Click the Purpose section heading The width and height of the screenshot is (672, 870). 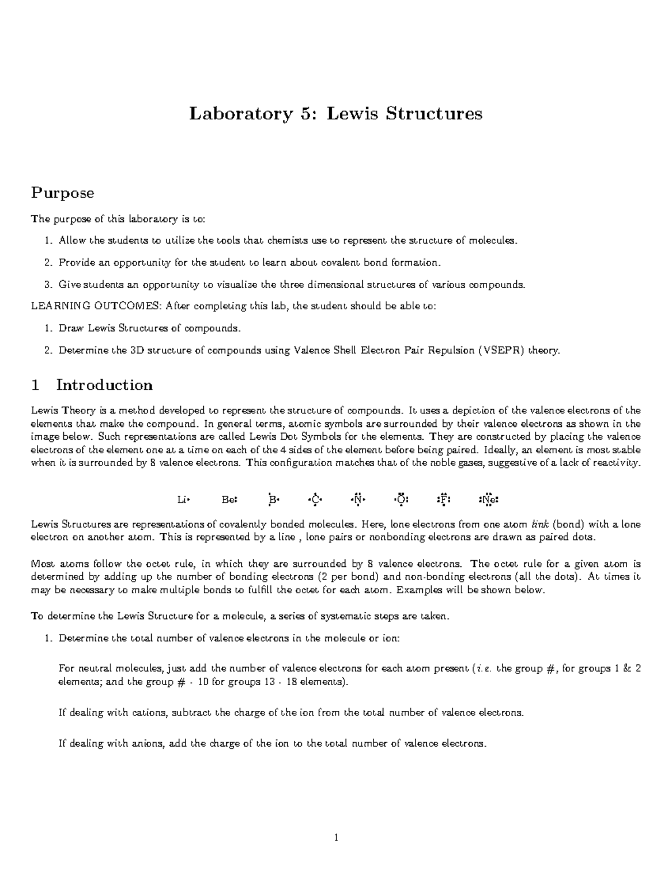(x=62, y=193)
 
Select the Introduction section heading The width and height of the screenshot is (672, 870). (x=104, y=385)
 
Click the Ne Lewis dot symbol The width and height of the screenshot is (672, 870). (x=488, y=499)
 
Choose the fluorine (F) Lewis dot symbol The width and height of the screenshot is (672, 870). (x=443, y=499)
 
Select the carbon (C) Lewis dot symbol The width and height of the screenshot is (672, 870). (x=315, y=499)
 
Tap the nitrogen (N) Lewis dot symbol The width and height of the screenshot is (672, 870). (x=358, y=499)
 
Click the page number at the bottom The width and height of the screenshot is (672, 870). (x=336, y=838)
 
